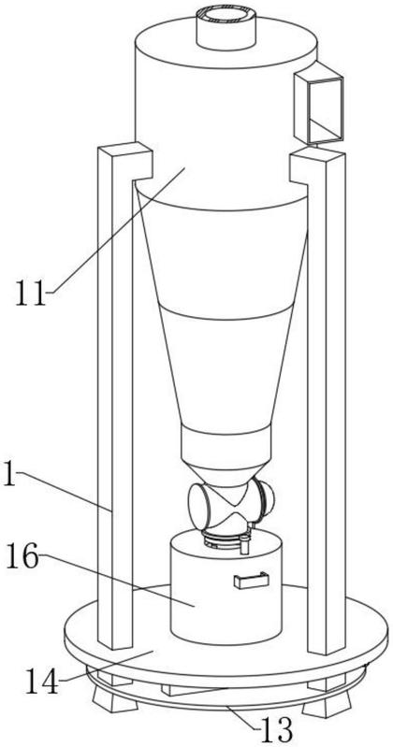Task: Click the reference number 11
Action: (x=31, y=293)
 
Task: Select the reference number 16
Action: (x=22, y=557)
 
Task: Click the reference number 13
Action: (x=277, y=728)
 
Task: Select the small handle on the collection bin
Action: (x=251, y=581)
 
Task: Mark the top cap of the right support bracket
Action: (x=317, y=154)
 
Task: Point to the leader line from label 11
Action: (x=116, y=230)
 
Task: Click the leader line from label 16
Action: (x=117, y=580)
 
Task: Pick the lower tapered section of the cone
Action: (x=226, y=367)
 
